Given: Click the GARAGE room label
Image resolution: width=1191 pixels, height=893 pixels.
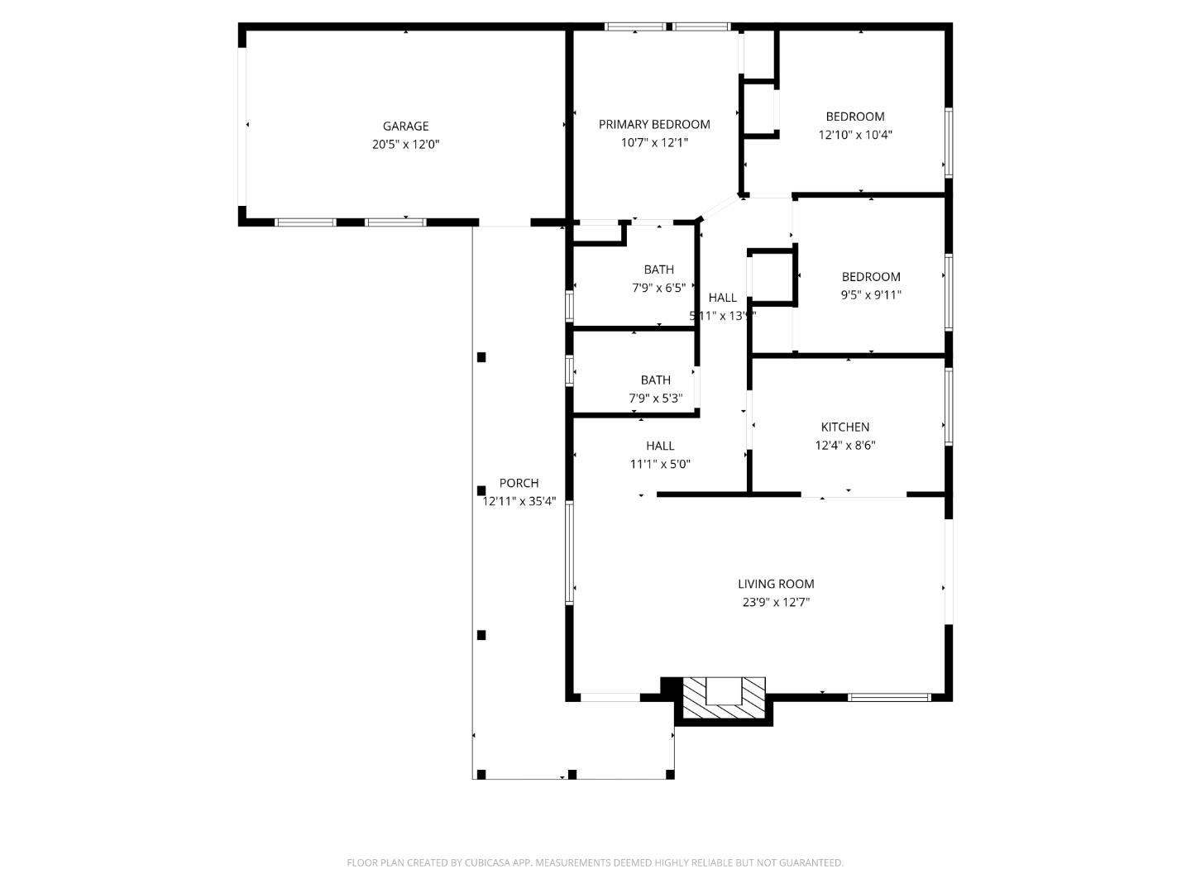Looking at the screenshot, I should pyautogui.click(x=405, y=126).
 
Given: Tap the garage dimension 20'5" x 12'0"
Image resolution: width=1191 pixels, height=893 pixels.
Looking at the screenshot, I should pyautogui.click(x=405, y=144).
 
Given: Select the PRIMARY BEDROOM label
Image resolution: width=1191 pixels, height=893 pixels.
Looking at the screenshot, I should pyautogui.click(x=654, y=124).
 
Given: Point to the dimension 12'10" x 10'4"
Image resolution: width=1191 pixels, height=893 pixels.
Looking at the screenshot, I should pyautogui.click(x=855, y=135).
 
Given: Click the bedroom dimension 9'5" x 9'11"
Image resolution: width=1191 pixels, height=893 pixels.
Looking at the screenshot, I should pyautogui.click(x=871, y=295).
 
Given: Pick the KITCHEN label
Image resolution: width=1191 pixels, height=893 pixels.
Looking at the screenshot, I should pyautogui.click(x=844, y=427).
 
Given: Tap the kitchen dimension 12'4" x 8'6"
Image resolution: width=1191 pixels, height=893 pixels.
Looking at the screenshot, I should pyautogui.click(x=844, y=445).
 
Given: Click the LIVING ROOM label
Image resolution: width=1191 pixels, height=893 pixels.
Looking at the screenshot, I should pyautogui.click(x=776, y=584).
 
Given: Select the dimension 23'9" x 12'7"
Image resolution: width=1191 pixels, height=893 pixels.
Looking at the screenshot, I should pyautogui.click(x=776, y=602).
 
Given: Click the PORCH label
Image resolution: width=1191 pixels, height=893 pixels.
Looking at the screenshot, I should pyautogui.click(x=519, y=483).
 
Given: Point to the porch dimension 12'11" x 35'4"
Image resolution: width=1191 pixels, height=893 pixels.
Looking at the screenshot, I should pyautogui.click(x=519, y=501).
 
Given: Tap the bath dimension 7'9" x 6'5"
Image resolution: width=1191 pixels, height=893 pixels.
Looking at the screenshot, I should pyautogui.click(x=658, y=288).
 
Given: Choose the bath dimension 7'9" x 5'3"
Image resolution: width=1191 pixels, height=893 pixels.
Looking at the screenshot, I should pyautogui.click(x=655, y=399).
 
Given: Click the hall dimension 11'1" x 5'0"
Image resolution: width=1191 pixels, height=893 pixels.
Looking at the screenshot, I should pyautogui.click(x=660, y=464).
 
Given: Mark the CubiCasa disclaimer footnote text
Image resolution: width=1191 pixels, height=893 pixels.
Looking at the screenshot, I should pyautogui.click(x=595, y=862).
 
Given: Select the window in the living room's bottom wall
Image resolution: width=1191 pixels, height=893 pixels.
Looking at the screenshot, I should pyautogui.click(x=890, y=697).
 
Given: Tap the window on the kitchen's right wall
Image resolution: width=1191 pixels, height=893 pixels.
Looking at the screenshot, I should pyautogui.click(x=949, y=405).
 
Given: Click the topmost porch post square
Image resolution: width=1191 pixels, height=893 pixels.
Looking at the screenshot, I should pyautogui.click(x=481, y=357).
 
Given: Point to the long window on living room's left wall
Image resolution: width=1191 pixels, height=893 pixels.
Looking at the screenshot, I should pyautogui.click(x=569, y=552).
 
